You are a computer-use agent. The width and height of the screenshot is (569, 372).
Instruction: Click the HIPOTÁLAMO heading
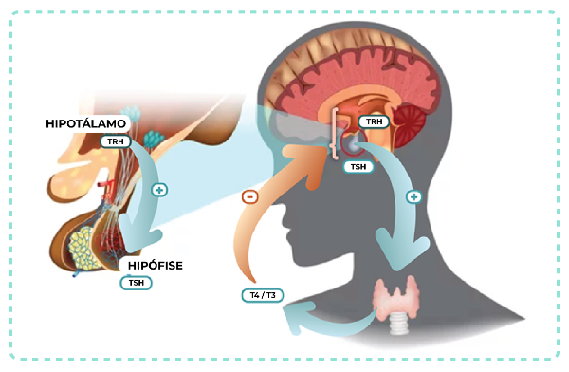85,124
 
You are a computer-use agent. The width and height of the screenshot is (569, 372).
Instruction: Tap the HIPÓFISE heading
156,266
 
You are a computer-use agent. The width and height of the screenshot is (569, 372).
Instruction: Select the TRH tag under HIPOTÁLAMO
116,141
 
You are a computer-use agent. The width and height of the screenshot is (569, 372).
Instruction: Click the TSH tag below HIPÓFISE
136,283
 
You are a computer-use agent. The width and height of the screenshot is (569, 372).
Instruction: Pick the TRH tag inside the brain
374,121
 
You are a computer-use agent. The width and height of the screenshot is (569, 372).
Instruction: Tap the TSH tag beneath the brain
358,167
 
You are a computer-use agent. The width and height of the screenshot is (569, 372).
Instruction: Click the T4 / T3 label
263,295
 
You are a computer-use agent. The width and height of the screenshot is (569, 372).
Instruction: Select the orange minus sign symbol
249,197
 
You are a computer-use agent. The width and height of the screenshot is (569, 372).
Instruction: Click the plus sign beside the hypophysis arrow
159,190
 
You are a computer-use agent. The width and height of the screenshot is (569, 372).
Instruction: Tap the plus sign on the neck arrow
414,196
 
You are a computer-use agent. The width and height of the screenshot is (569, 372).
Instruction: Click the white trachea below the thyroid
398,324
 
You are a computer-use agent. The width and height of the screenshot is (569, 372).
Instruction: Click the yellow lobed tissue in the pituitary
84,249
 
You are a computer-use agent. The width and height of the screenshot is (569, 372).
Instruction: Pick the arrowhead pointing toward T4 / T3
299,317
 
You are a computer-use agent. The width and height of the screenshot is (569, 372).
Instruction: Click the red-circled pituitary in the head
354,142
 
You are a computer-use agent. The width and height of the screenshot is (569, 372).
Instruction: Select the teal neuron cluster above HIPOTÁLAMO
130,113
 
